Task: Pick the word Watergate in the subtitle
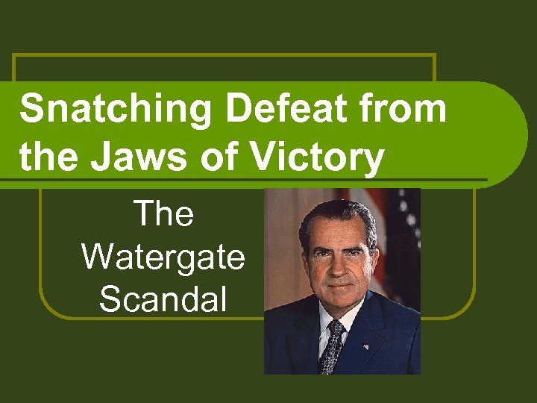tap(163, 257)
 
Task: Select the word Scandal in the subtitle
tap(163, 299)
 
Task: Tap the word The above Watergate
tap(163, 215)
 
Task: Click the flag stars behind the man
tap(406, 216)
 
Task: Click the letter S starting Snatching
tap(31, 110)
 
